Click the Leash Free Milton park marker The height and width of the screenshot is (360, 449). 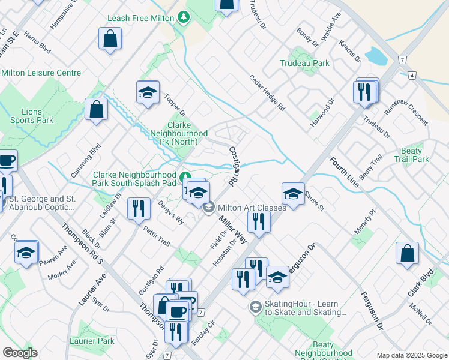tap(185, 19)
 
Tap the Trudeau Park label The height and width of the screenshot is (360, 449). tap(304, 62)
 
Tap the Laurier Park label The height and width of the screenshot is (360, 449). tap(96, 341)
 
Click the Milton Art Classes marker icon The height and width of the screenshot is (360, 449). tap(208, 208)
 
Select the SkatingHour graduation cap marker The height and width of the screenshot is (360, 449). tap(255, 307)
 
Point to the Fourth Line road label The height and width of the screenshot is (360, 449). tap(344, 173)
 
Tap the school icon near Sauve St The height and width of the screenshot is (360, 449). tap(292, 194)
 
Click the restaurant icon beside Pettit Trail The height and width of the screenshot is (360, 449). tap(139, 208)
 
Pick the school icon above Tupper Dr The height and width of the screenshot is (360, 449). tap(147, 92)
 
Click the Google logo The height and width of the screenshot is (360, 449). tap(20, 353)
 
